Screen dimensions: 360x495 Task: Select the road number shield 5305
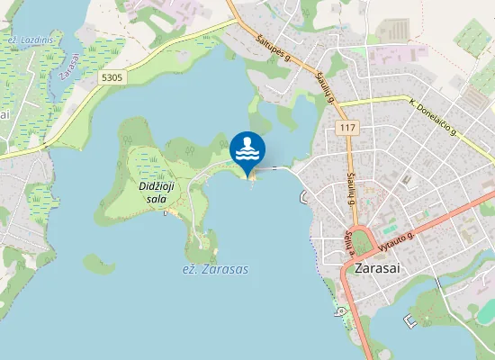(112, 78)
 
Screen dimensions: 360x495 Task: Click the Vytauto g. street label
(397, 238)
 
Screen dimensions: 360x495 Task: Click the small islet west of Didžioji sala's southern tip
(94, 264)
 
